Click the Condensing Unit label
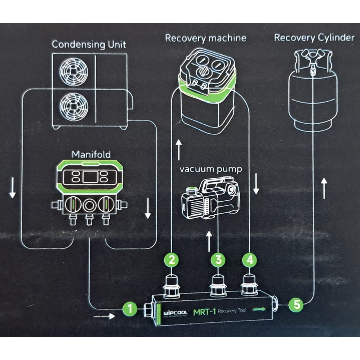tap(89, 44)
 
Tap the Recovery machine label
tap(205, 38)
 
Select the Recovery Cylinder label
tap(314, 38)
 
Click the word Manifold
tap(91, 154)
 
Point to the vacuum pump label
tap(211, 169)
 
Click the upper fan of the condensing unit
tap(74, 71)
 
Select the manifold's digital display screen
tap(90, 177)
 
